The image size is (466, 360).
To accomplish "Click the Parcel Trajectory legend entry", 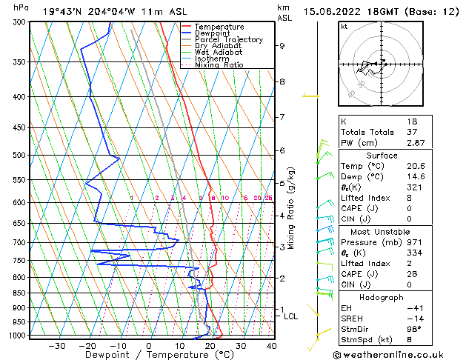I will (228, 39).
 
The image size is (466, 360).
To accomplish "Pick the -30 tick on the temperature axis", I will (56, 346).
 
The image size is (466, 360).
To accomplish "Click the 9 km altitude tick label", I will (282, 46).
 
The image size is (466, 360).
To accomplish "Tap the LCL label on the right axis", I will (291, 316).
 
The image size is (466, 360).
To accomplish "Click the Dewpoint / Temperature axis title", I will (148, 355).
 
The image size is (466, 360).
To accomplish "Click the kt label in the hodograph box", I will (344, 27).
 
